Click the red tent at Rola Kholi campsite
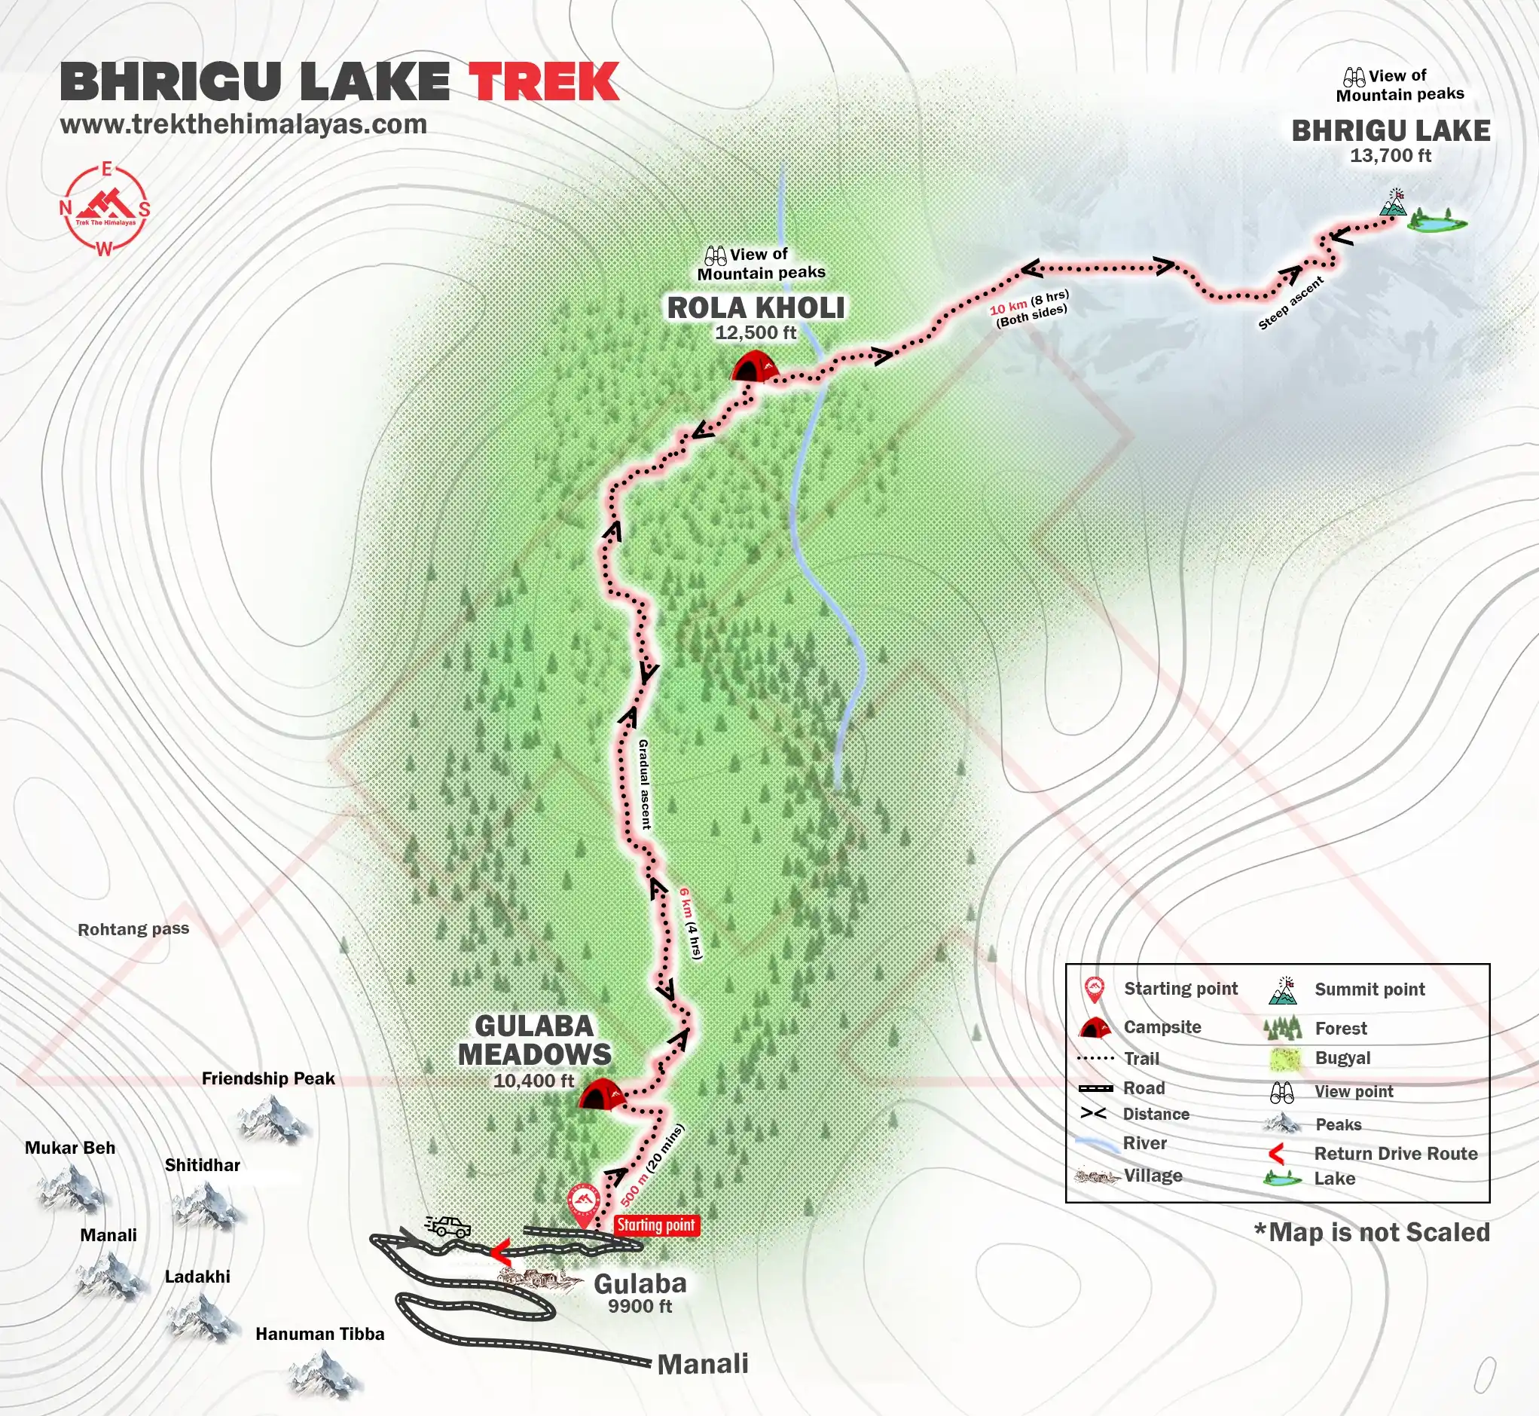tap(755, 367)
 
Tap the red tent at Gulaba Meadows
tap(601, 1093)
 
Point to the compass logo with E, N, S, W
tap(105, 209)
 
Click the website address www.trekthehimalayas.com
tap(243, 124)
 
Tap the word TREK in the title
tap(543, 82)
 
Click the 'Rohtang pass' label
tap(133, 929)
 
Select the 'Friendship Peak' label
tap(268, 1079)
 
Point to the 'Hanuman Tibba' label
tap(319, 1334)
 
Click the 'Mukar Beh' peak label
tap(70, 1148)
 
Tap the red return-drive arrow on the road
tap(500, 1252)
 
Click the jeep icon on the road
tap(448, 1226)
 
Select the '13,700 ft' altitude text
tap(1391, 155)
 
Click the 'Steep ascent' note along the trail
tap(1291, 304)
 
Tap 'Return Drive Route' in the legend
tap(1396, 1154)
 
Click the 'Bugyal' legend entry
tap(1342, 1058)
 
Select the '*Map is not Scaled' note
tap(1372, 1233)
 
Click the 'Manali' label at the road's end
tap(703, 1364)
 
